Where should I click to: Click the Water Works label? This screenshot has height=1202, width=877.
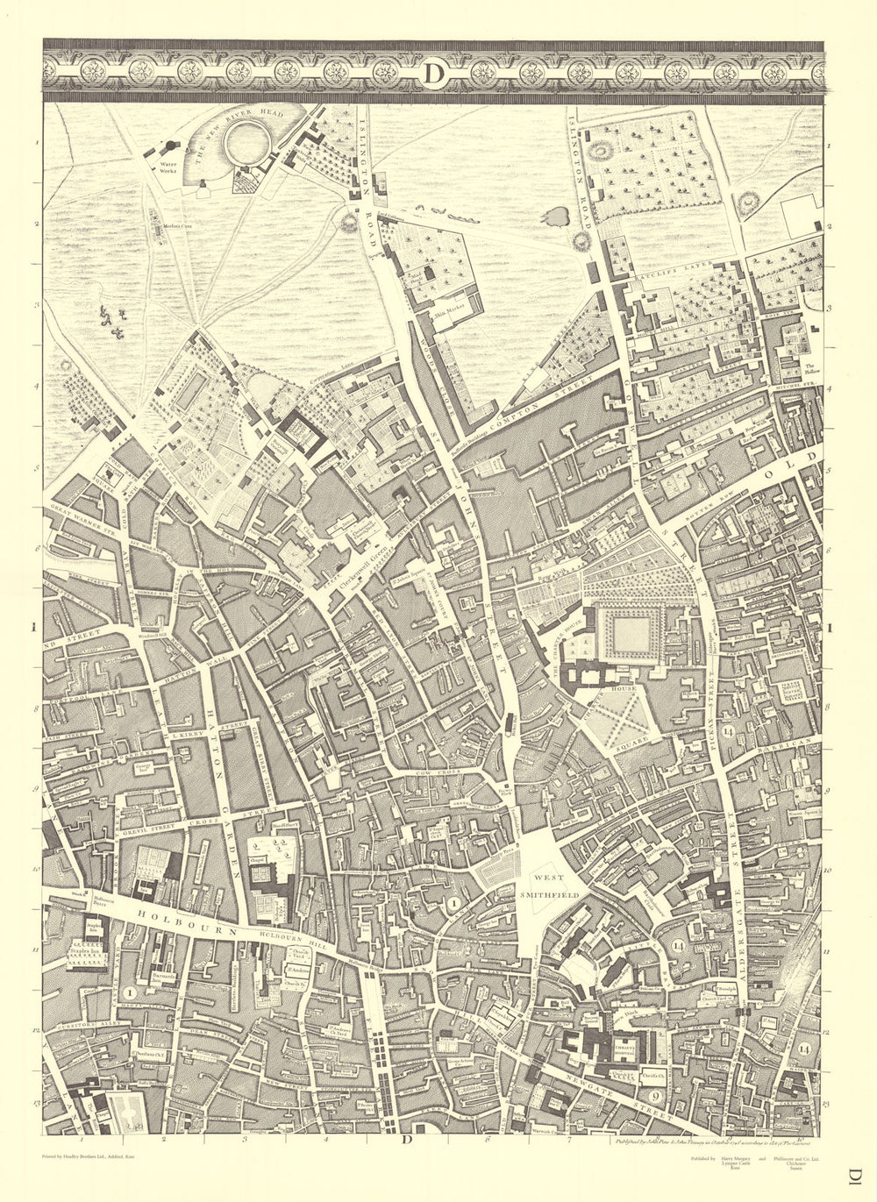coord(168,167)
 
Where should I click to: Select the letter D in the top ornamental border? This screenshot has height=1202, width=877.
coord(433,75)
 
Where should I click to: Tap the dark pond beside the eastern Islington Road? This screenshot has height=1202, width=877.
coord(558,216)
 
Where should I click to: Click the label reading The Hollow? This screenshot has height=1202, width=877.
coord(810,371)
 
